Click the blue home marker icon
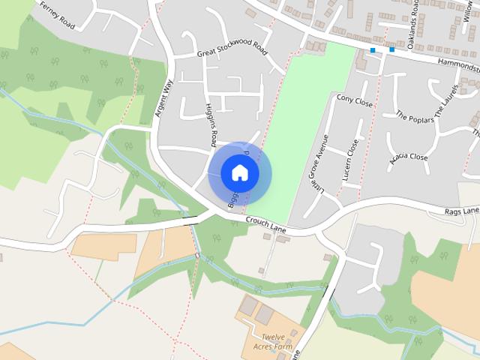[x=239, y=172]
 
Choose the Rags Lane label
[x=461, y=211]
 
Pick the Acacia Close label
[x=409, y=158]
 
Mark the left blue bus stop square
[x=373, y=50]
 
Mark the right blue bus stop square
[x=391, y=50]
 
